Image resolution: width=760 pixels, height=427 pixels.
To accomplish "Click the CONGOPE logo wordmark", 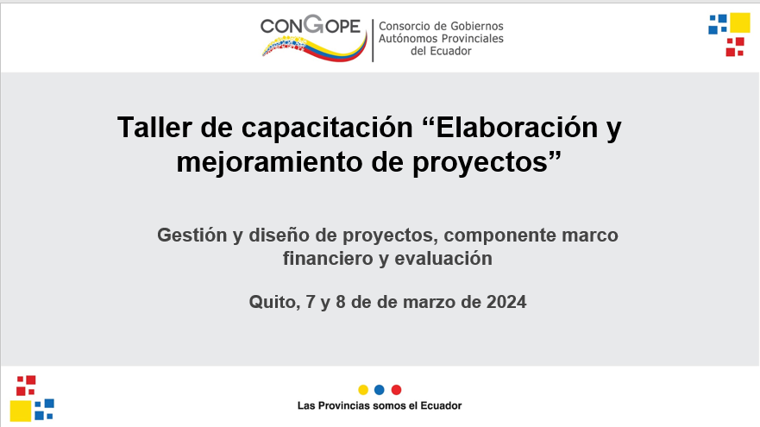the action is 311,25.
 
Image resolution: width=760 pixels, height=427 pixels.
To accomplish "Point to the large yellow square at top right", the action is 739,22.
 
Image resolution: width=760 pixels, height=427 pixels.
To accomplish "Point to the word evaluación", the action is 443,258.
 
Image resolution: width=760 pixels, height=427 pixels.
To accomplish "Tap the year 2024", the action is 506,302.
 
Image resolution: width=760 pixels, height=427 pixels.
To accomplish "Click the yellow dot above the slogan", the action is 363,390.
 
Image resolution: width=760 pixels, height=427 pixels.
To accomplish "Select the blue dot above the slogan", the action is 380,390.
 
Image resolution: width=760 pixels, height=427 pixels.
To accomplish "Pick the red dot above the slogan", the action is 396,390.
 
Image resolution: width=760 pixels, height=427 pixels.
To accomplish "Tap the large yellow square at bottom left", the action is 21,411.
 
